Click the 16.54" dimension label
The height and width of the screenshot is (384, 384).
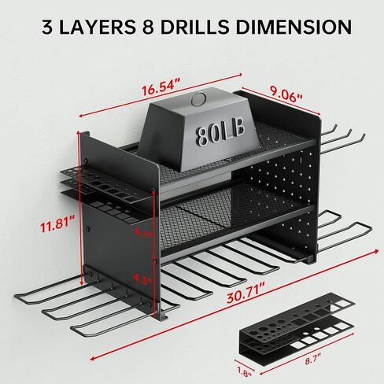click(161, 87)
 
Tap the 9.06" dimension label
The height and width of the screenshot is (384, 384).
click(286, 96)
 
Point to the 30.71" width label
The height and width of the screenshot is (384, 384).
click(246, 294)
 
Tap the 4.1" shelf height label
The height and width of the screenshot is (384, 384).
click(143, 232)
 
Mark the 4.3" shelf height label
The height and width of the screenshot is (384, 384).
click(142, 279)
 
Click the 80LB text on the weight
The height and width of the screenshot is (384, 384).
click(220, 133)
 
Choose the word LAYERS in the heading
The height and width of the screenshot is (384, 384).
click(97, 27)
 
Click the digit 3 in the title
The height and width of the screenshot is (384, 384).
click(47, 27)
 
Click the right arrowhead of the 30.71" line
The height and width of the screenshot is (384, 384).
click(377, 251)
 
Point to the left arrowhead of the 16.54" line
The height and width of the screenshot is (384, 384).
click(81, 116)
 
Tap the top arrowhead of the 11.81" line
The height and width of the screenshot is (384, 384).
click(79, 133)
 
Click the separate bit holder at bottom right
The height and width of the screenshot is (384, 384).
click(297, 328)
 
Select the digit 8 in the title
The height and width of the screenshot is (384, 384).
click(148, 27)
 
